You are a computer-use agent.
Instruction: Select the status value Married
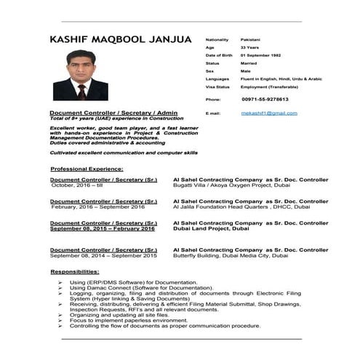pos(249,63)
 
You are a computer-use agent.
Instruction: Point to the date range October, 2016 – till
pos(79,185)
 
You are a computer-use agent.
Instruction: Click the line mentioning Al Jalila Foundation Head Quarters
pos(232,207)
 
